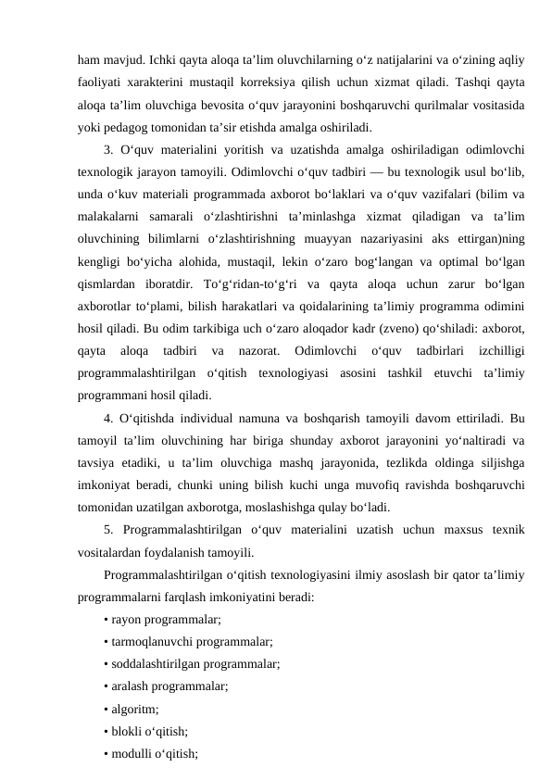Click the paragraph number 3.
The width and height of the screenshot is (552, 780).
(109, 149)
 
